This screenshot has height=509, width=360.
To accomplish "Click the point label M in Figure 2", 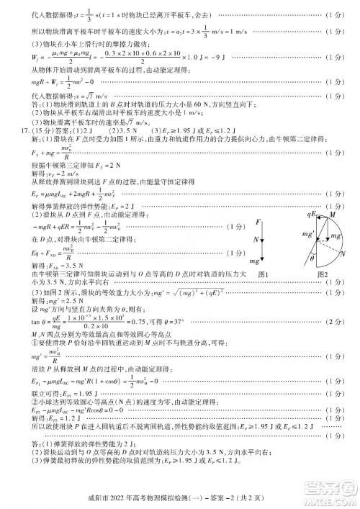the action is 332,215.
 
